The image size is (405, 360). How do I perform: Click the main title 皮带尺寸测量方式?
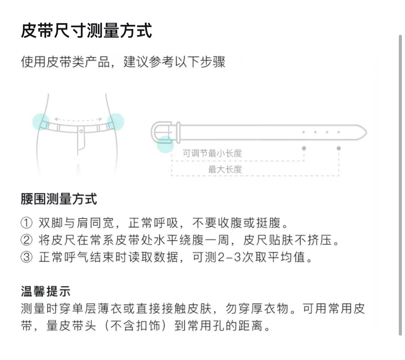(x=86, y=31)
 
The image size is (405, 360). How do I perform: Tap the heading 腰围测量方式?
(x=59, y=199)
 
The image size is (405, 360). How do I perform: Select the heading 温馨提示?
(x=45, y=291)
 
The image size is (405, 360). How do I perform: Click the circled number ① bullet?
(x=26, y=223)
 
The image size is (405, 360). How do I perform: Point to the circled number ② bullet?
(x=26, y=240)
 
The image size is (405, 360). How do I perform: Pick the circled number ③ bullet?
(x=26, y=257)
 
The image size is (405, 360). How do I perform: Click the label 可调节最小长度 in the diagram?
(x=212, y=153)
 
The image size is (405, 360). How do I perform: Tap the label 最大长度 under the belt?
(x=225, y=170)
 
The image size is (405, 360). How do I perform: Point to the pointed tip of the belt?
(x=366, y=132)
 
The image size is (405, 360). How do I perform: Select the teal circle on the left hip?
(x=41, y=122)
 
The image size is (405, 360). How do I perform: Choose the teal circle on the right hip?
(x=115, y=122)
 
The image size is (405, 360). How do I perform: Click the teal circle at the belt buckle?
(x=165, y=144)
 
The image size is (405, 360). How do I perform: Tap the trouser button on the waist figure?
(x=81, y=131)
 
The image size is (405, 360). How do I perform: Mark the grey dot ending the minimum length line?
(x=304, y=148)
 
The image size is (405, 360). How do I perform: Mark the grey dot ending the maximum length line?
(x=339, y=148)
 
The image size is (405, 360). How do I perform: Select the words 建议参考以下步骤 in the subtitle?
(x=175, y=62)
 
